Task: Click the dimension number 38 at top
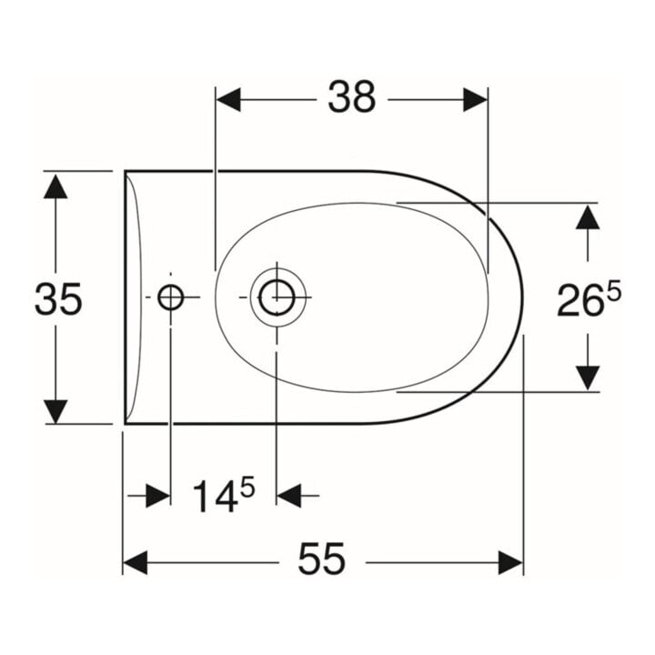[352, 97]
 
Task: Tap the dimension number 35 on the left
[58, 298]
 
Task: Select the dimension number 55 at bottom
[322, 559]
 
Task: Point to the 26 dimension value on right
[580, 300]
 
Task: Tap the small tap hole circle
[170, 297]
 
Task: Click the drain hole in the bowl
[277, 297]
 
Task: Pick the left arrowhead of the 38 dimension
[228, 100]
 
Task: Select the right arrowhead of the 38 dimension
[476, 100]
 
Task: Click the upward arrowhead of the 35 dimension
[55, 186]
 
